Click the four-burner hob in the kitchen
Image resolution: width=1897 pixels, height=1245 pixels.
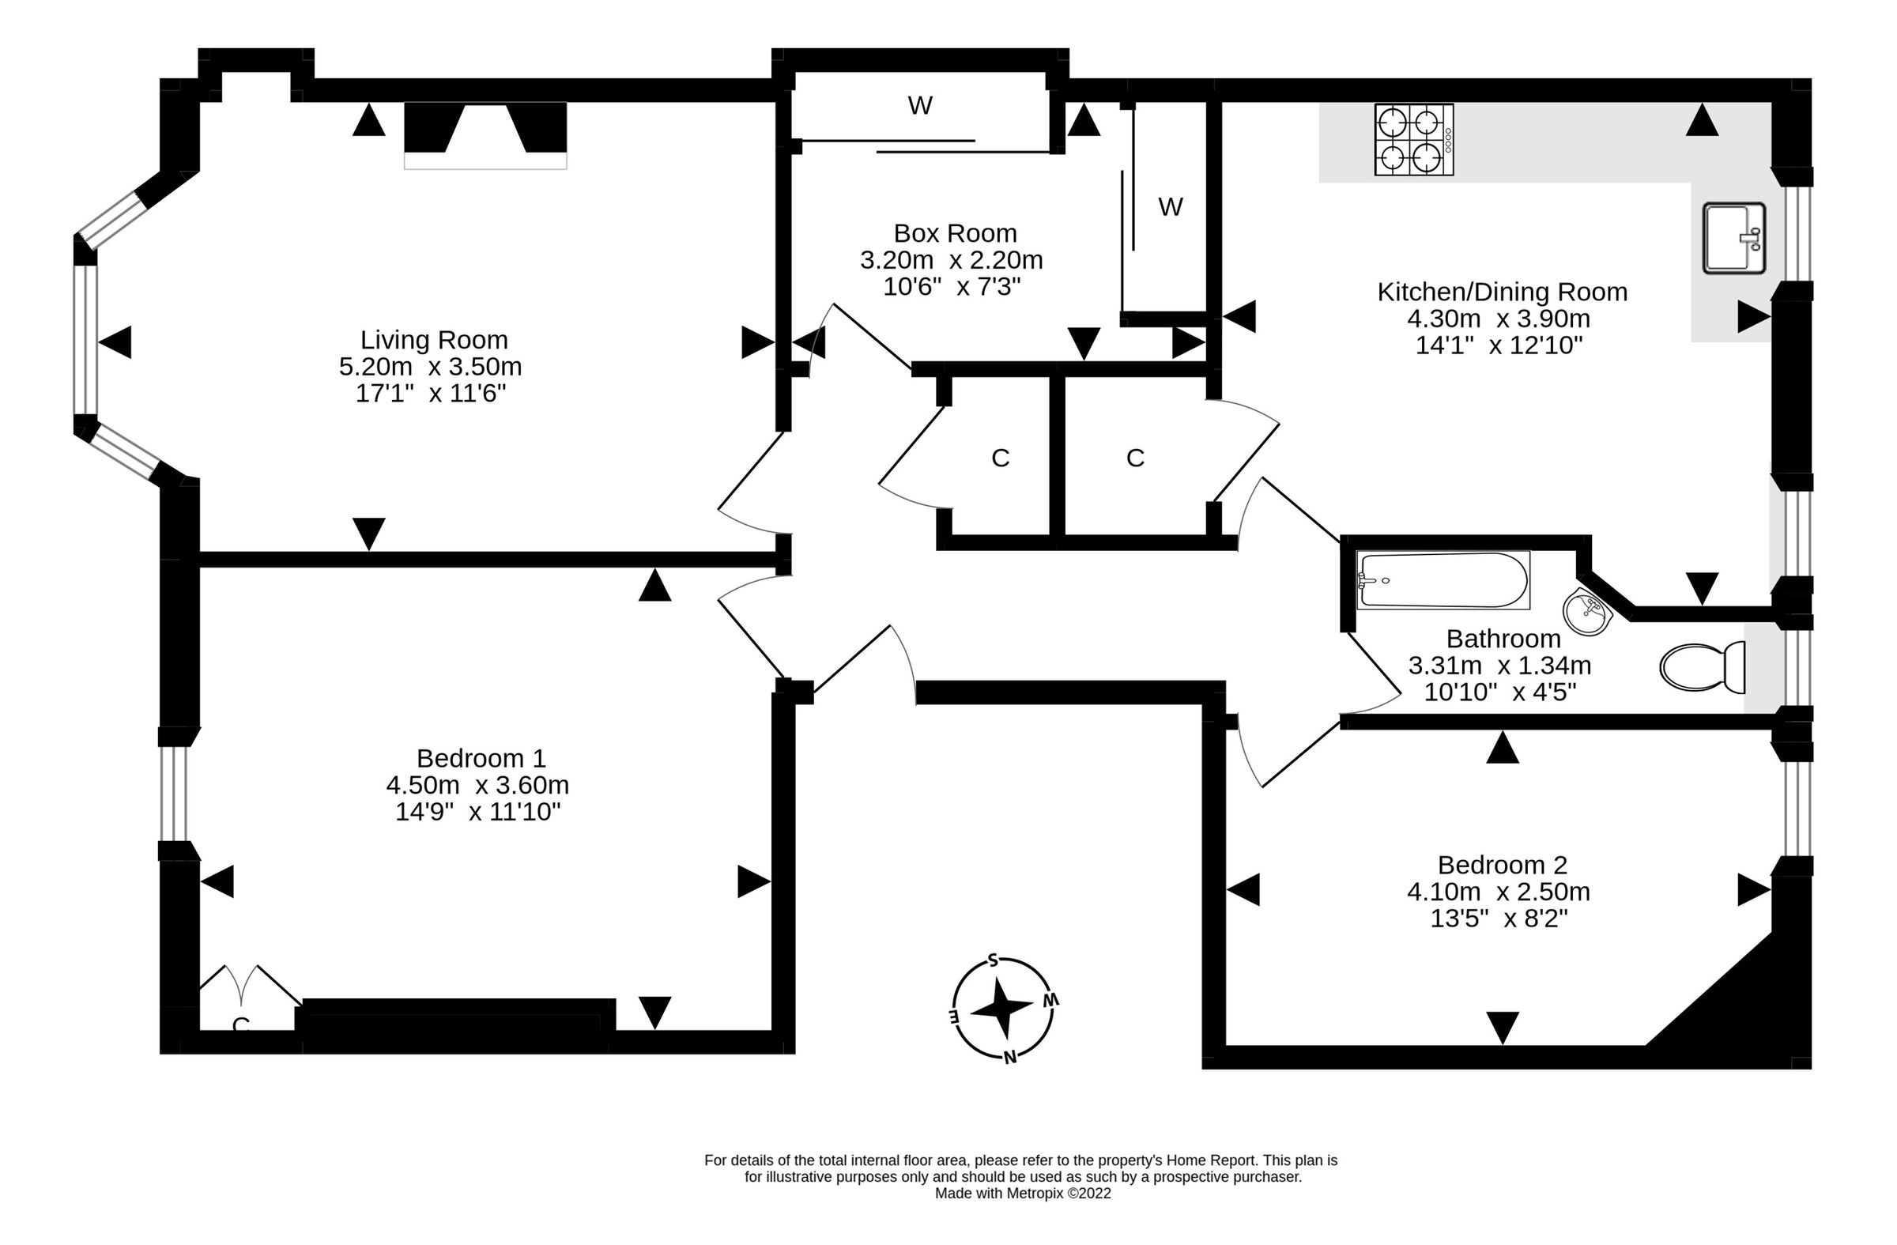(1413, 139)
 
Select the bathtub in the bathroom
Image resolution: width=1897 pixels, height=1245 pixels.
(1443, 580)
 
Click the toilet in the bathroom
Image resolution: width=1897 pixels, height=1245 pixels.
(1702, 667)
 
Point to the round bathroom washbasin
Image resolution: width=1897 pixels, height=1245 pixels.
(1587, 612)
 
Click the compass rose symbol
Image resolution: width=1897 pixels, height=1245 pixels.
(1003, 1009)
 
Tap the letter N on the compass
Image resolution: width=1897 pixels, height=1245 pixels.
(1010, 1058)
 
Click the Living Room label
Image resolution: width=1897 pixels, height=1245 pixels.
(434, 340)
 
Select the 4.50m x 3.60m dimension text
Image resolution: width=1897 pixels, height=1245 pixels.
(477, 785)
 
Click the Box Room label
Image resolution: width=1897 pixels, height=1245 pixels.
(955, 232)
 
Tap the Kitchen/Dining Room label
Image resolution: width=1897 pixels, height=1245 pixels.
(1502, 292)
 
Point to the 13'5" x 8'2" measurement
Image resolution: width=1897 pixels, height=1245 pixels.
(1499, 919)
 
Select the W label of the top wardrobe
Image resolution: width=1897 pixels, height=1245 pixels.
(920, 105)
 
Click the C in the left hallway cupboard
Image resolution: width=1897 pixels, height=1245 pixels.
(1001, 458)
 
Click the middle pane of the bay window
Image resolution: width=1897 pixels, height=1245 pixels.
(85, 340)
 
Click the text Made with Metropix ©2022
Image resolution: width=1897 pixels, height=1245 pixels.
(1023, 1193)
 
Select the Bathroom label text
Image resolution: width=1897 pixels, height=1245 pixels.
(1503, 639)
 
